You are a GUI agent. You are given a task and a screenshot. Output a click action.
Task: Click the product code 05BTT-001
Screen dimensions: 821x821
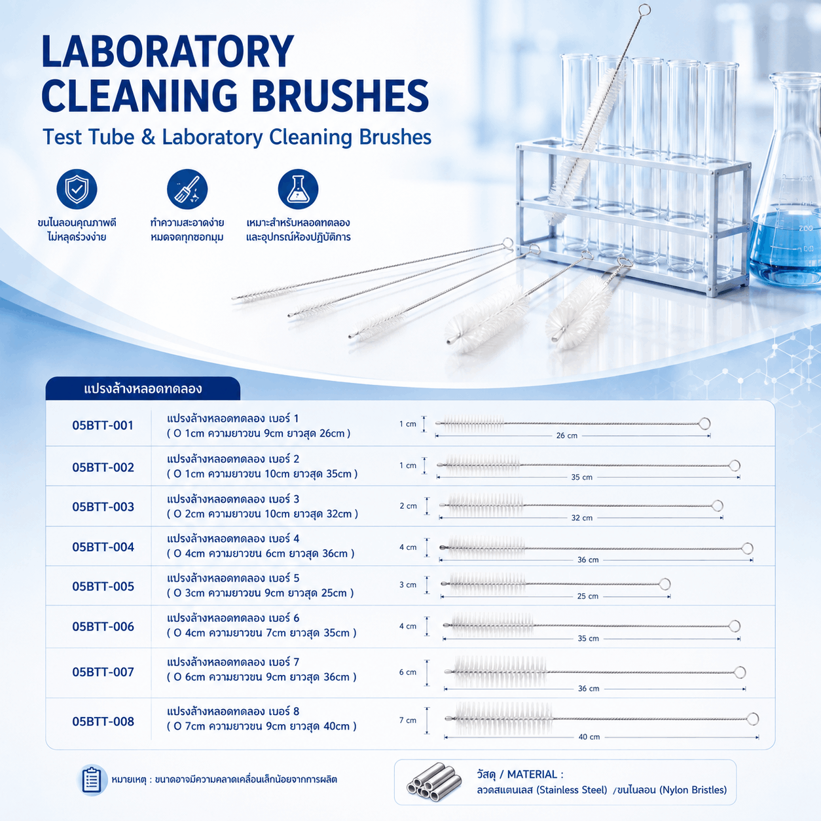click(x=103, y=425)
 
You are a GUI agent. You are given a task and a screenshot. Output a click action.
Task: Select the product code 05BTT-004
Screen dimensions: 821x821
click(x=103, y=547)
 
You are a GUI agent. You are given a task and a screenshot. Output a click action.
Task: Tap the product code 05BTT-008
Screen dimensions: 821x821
click(x=103, y=721)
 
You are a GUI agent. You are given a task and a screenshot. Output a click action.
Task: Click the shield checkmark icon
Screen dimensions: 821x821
click(x=77, y=189)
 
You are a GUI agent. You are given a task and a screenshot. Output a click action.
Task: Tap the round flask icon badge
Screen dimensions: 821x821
click(x=298, y=189)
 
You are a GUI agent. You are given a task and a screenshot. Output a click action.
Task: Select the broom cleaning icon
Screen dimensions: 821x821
click(x=187, y=189)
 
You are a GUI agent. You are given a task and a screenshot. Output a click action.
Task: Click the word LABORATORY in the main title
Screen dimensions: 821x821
click(x=168, y=52)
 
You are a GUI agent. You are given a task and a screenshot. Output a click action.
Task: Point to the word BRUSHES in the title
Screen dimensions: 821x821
click(x=340, y=96)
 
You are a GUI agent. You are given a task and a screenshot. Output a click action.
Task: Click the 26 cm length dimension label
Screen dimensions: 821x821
click(x=567, y=435)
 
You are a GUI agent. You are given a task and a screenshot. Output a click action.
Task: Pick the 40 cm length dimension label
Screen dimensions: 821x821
click(x=589, y=737)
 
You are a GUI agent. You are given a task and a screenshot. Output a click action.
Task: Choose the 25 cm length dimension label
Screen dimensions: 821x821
click(x=587, y=596)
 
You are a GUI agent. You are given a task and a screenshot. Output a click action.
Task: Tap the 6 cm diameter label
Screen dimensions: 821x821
click(x=408, y=672)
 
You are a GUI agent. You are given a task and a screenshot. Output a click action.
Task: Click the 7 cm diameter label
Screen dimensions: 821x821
click(x=408, y=720)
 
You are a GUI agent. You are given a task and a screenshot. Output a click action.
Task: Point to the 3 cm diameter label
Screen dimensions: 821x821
click(x=408, y=585)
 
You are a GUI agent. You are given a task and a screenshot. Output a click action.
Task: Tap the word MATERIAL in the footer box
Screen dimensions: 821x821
click(x=532, y=774)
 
